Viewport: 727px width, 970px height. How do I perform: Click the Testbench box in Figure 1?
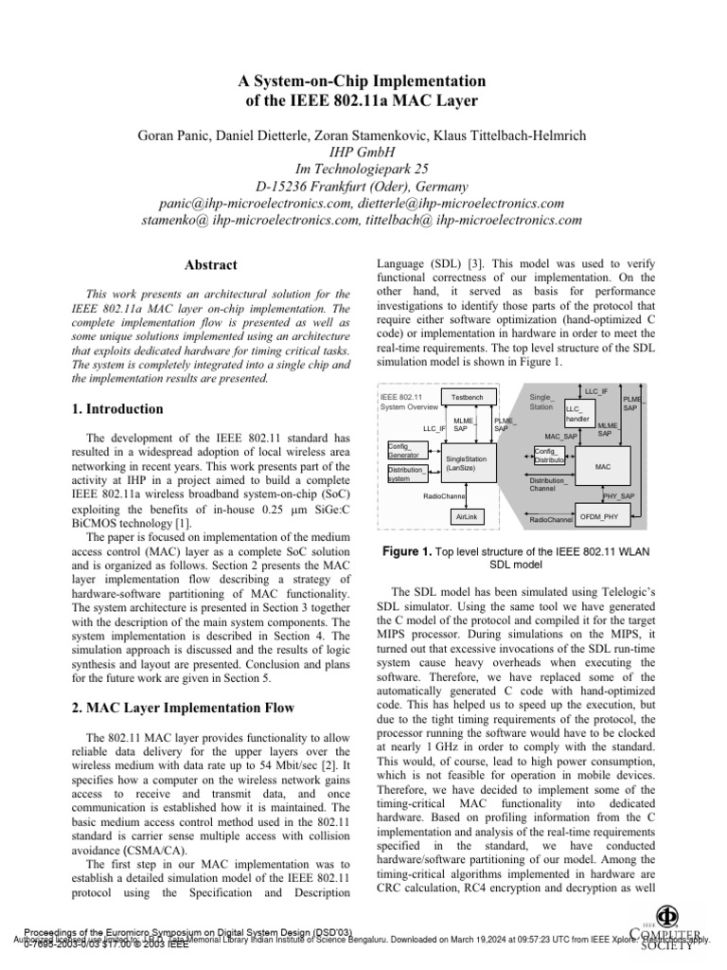[467, 397]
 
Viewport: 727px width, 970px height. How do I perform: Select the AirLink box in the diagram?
[467, 517]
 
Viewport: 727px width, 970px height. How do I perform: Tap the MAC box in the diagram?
[603, 467]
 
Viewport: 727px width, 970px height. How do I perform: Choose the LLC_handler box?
[578, 413]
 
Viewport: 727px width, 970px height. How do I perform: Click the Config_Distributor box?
[550, 456]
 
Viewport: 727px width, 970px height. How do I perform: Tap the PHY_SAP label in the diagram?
[619, 495]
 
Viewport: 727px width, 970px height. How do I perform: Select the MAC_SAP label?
[560, 437]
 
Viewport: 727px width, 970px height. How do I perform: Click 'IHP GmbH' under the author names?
[363, 152]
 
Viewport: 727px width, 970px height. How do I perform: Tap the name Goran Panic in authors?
[177, 135]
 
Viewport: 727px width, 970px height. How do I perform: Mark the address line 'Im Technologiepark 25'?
[363, 169]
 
